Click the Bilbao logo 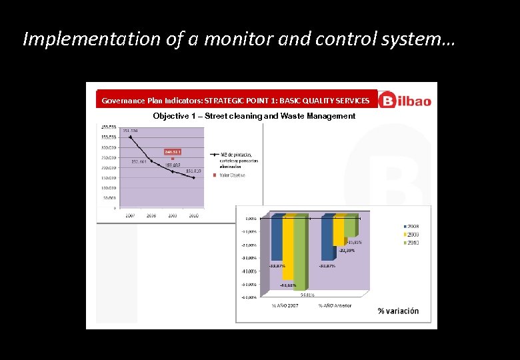point(405,101)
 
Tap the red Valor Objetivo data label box point(173,151)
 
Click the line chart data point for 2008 point(151,161)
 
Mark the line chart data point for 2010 point(193,178)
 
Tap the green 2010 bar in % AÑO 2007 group point(301,253)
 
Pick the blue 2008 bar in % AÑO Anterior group point(327,239)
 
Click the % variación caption point(398,311)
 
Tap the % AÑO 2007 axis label point(285,306)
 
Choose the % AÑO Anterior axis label point(335,306)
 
